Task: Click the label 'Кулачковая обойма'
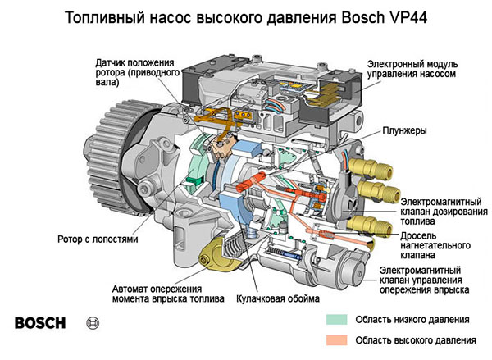point(276,300)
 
